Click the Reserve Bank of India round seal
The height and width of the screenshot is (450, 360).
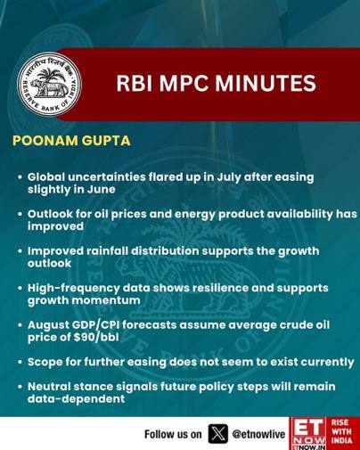(x=50, y=85)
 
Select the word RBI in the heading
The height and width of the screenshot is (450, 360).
(x=134, y=84)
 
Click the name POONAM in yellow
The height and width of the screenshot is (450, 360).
(x=45, y=141)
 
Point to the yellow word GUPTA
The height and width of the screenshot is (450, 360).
(x=106, y=141)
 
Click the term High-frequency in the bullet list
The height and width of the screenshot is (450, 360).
(x=73, y=289)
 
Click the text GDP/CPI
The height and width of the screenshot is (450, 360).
(x=95, y=325)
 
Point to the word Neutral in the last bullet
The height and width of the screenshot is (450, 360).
(x=48, y=387)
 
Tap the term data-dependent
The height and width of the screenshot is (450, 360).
(x=76, y=399)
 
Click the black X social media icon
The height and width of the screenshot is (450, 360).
(x=218, y=434)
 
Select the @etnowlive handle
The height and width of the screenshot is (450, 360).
(x=258, y=434)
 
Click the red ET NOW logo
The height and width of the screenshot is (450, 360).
(x=307, y=434)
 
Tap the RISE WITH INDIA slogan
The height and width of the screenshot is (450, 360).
(x=341, y=431)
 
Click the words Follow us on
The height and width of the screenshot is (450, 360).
(x=173, y=434)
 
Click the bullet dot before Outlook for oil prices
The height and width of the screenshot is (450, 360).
(x=20, y=214)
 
